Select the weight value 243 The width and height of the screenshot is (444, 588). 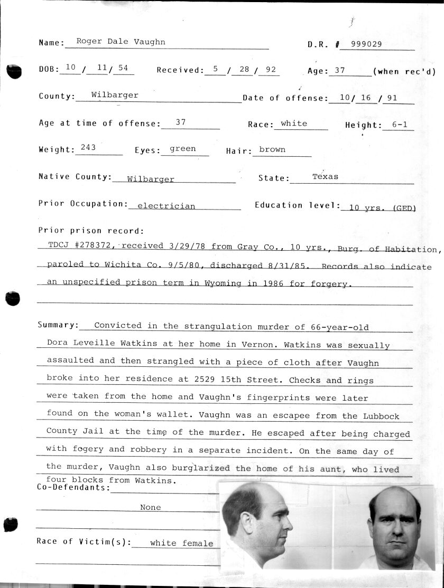(x=88, y=148)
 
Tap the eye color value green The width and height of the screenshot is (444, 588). (x=183, y=149)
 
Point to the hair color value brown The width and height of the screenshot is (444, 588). (x=272, y=149)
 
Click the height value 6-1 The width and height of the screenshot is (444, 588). (x=400, y=125)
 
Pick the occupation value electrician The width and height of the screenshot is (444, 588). (x=166, y=206)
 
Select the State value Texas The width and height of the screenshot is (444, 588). (x=325, y=176)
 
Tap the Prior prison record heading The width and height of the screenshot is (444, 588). (x=91, y=231)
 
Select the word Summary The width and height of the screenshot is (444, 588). (x=58, y=325)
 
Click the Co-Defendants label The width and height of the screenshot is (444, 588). (x=73, y=488)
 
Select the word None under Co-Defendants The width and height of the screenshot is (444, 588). (x=150, y=507)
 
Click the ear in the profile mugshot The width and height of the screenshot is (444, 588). (x=247, y=521)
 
